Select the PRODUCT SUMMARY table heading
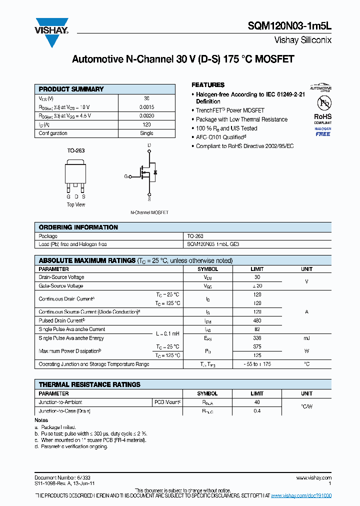[x=71, y=89]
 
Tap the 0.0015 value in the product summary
[x=146, y=107]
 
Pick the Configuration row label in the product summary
[x=53, y=133]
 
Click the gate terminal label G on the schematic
[x=126, y=176]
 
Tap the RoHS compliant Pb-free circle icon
[x=322, y=103]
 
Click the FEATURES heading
[x=208, y=85]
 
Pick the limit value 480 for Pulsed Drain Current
[x=257, y=320]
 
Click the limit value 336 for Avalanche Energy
[x=257, y=338]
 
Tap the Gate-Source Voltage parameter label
[x=61, y=286]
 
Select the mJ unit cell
[x=306, y=338]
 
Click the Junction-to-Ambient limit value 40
[x=257, y=402]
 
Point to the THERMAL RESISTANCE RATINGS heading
[x=89, y=384]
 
